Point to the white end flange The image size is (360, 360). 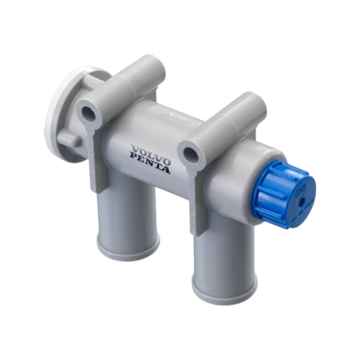[x=59, y=108]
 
